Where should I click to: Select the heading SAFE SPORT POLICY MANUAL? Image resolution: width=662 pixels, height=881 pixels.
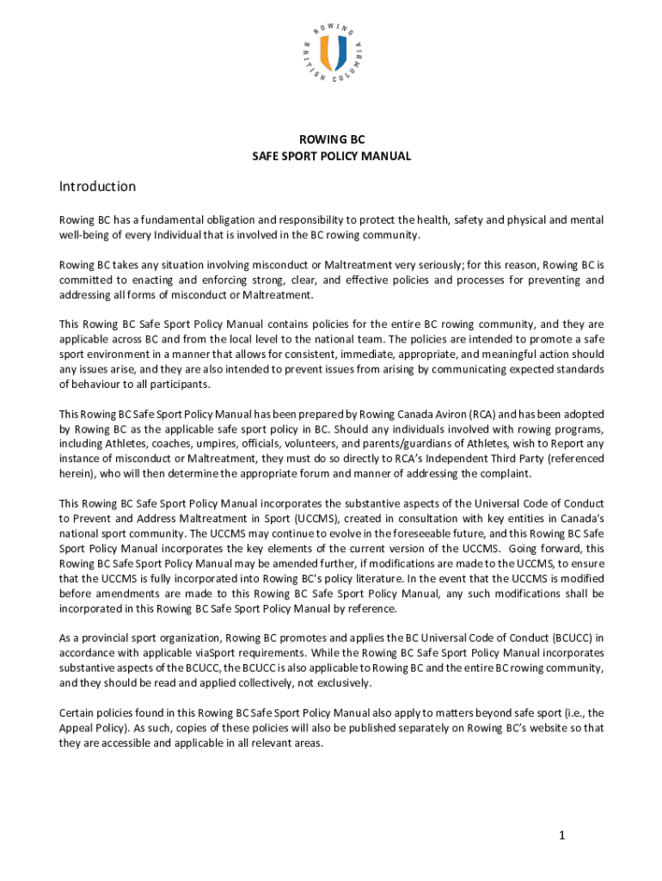(331, 157)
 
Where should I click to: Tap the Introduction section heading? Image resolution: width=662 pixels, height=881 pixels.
(97, 187)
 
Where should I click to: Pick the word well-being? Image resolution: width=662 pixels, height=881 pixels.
(85, 235)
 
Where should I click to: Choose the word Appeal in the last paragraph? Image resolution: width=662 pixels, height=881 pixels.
(77, 728)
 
